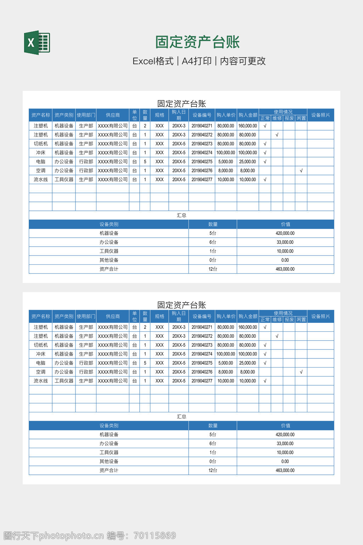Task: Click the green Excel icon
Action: click(x=37, y=43)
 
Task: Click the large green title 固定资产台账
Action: click(x=197, y=42)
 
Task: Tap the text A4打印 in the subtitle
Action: click(x=196, y=61)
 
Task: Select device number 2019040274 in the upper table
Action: click(x=202, y=153)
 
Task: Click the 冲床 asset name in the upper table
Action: click(x=40, y=153)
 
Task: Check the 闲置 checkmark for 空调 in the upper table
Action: click(x=301, y=171)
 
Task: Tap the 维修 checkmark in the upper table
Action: click(x=277, y=135)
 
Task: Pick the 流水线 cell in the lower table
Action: click(x=40, y=381)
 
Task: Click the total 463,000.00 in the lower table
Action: click(x=285, y=470)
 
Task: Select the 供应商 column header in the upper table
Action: click(x=113, y=115)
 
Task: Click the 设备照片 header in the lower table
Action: click(x=320, y=316)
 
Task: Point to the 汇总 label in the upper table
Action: click(x=181, y=215)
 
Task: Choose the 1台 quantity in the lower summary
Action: click(x=213, y=452)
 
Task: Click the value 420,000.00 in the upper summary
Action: click(x=285, y=233)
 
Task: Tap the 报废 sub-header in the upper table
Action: click(x=289, y=118)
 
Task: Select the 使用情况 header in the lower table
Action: click(x=283, y=313)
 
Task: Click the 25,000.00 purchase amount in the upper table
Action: click(x=247, y=162)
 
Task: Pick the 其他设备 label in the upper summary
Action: click(x=109, y=260)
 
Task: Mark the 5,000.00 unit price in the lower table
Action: click(x=225, y=363)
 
